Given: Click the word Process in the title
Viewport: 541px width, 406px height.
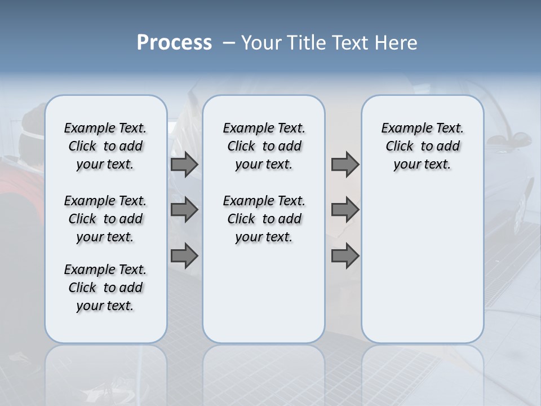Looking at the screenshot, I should click(174, 43).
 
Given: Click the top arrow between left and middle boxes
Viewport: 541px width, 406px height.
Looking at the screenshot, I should click(184, 164).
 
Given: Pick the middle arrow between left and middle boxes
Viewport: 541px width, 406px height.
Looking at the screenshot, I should click(184, 210).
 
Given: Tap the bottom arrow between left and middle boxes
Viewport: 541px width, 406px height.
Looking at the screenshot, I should click(184, 255).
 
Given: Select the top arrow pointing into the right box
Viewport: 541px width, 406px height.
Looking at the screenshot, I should click(345, 164).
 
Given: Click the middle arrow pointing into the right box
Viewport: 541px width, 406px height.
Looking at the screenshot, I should click(345, 210).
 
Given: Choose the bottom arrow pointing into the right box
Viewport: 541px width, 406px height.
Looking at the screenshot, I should click(345, 255).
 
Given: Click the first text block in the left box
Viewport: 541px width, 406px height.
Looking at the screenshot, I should click(105, 146).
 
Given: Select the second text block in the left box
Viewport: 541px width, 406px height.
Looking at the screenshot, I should click(105, 219).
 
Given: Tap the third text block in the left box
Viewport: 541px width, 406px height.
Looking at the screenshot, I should click(105, 288).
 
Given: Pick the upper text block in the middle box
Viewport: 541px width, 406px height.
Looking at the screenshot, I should click(264, 146).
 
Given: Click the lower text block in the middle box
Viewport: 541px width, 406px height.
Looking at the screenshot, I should click(264, 219).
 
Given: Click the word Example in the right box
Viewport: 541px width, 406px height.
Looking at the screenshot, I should click(405, 129).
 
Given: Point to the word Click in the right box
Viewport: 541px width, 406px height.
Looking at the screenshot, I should click(400, 147).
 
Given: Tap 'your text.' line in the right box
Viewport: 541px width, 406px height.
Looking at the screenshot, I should click(422, 165).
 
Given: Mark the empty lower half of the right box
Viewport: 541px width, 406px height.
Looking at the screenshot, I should click(422, 265).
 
